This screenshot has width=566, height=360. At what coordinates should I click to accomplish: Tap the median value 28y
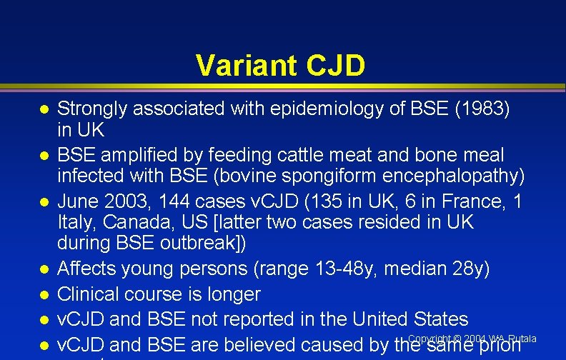[471, 269]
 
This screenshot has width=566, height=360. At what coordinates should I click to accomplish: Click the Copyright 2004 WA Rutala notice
[472, 338]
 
